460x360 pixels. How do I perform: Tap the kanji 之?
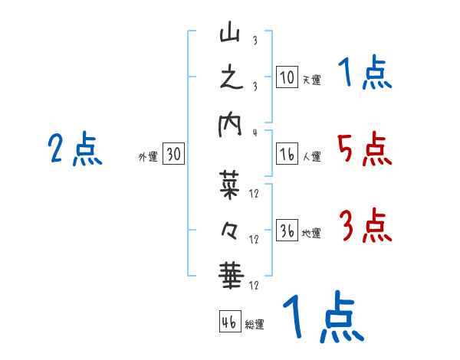click(230, 79)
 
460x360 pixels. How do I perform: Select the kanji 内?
click(230, 126)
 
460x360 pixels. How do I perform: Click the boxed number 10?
click(287, 77)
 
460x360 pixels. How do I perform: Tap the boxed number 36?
click(287, 231)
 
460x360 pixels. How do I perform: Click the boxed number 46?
click(229, 321)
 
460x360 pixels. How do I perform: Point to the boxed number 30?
click(173, 155)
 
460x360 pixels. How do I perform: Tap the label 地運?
click(311, 233)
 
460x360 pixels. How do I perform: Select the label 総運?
click(255, 324)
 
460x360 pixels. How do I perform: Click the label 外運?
click(148, 157)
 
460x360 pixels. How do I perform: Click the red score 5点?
click(363, 149)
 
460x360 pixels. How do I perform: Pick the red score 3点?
click(365, 227)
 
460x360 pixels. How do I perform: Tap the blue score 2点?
click(75, 149)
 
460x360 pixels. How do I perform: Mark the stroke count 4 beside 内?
click(255, 132)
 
